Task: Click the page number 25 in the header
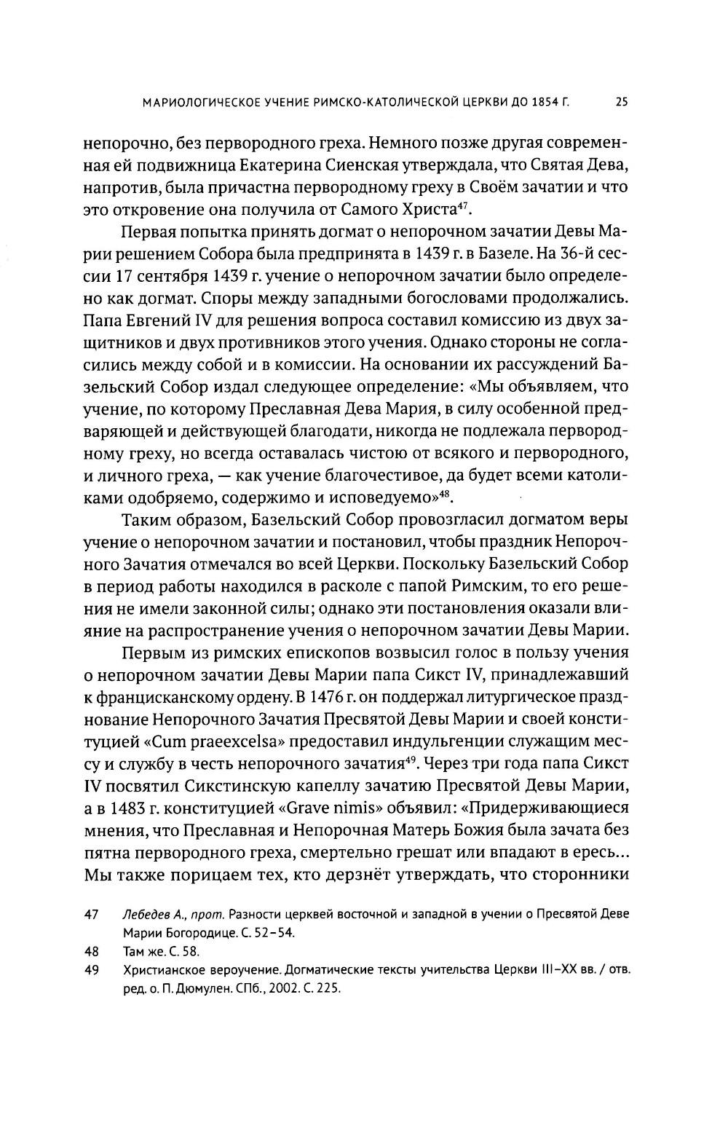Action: coord(621,103)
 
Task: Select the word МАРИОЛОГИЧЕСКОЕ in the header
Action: coord(196,103)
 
